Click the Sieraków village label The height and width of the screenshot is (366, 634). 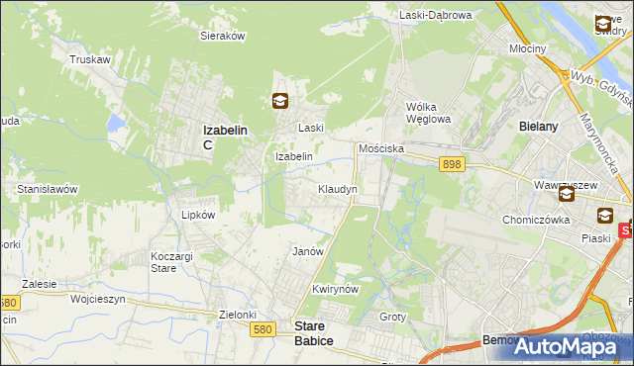pyautogui.click(x=223, y=35)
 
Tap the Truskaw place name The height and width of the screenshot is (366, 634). pyautogui.click(x=88, y=59)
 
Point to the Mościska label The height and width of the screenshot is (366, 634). pyautogui.click(x=380, y=147)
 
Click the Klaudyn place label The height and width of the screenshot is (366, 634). pyautogui.click(x=337, y=188)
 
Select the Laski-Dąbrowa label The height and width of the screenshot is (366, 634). pyautogui.click(x=436, y=15)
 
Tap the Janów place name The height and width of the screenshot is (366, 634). pyautogui.click(x=308, y=251)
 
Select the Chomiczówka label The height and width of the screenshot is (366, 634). pyautogui.click(x=536, y=220)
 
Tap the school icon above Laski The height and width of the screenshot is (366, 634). pyautogui.click(x=280, y=100)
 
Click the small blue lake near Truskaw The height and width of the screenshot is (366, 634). pyautogui.click(x=117, y=124)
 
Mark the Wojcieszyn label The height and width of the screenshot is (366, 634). pyautogui.click(x=95, y=298)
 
